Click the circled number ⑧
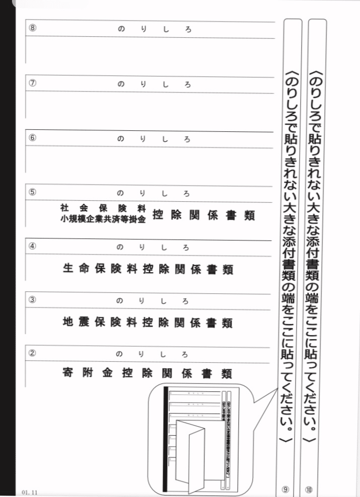(x=32, y=28)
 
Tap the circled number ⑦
(x=32, y=84)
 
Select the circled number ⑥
(x=32, y=138)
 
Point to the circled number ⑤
(x=32, y=192)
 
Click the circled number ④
(x=32, y=246)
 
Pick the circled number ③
(x=32, y=300)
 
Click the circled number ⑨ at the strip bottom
(x=285, y=488)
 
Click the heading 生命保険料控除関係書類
(x=148, y=269)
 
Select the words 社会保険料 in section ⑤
(x=103, y=208)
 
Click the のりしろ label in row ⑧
(x=154, y=30)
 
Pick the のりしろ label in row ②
(x=154, y=354)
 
